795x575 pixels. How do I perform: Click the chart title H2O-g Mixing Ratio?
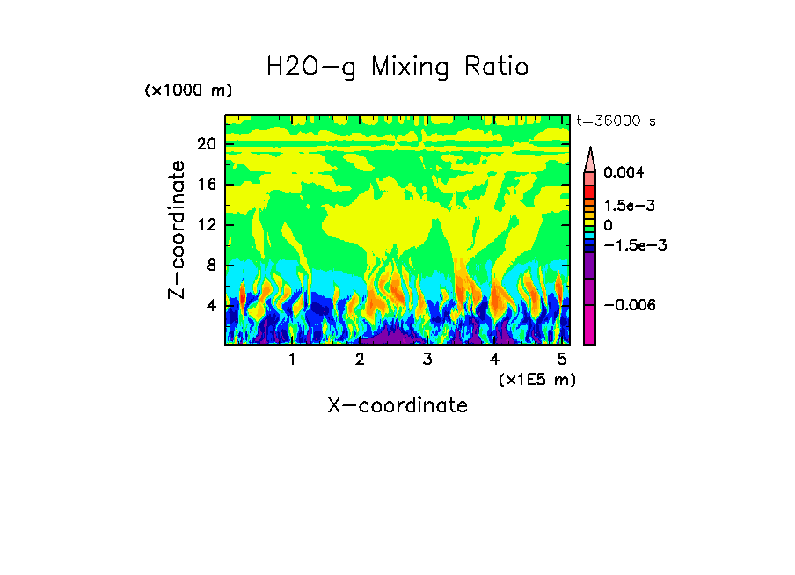[x=397, y=67]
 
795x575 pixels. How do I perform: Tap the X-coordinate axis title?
[x=397, y=405]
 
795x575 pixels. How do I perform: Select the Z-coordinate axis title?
[x=178, y=229]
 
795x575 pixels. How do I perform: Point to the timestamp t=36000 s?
[x=616, y=121]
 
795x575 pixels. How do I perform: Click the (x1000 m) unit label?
[x=188, y=91]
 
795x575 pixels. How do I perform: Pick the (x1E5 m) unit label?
[x=536, y=379]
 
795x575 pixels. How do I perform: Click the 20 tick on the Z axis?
[x=207, y=144]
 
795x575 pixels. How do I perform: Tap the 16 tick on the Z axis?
[x=207, y=185]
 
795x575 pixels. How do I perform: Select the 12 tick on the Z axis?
[x=207, y=225]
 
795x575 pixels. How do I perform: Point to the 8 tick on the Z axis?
[x=211, y=266]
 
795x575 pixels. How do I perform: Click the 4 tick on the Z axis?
[x=211, y=306]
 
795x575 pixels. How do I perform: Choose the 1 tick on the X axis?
[x=292, y=360]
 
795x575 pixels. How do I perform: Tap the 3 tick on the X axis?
[x=427, y=360]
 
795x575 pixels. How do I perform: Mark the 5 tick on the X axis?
[x=562, y=360]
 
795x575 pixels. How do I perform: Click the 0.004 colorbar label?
[x=624, y=172]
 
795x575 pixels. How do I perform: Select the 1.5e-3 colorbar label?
[x=629, y=205]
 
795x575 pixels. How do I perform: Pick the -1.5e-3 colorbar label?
[x=634, y=244]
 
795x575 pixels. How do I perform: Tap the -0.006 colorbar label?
[x=630, y=304]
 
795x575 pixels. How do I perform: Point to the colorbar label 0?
[x=608, y=225]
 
